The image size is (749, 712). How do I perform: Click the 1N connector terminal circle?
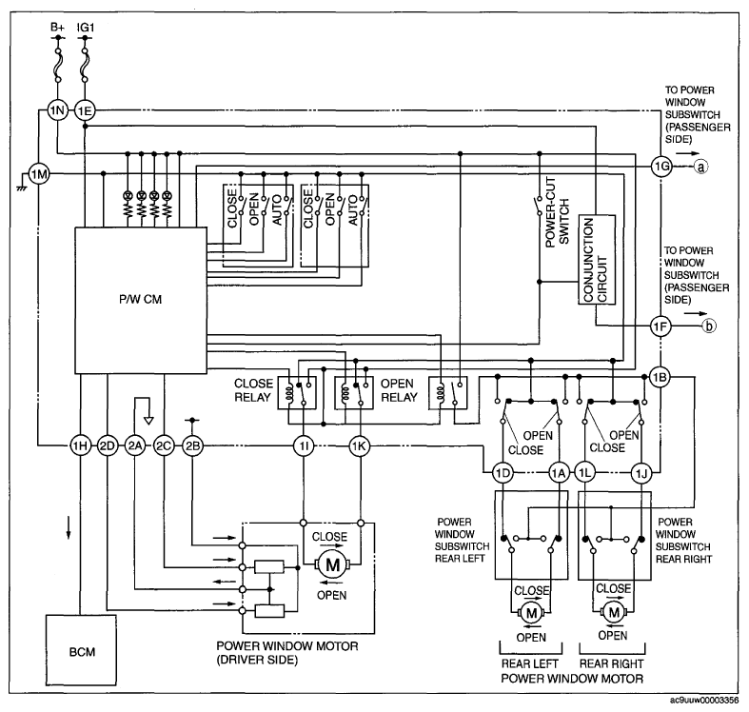click(x=57, y=110)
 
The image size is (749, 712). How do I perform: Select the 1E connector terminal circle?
click(x=85, y=110)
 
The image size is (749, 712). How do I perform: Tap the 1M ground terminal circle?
click(x=39, y=174)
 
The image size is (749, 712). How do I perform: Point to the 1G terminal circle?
click(x=661, y=167)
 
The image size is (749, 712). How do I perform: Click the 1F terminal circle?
click(x=660, y=326)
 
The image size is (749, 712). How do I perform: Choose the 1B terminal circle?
click(x=660, y=377)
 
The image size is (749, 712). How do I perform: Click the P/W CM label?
click(x=141, y=299)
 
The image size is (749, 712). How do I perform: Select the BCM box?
click(x=81, y=650)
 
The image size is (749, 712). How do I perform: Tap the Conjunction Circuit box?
click(x=597, y=260)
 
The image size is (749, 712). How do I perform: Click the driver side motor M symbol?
click(x=332, y=564)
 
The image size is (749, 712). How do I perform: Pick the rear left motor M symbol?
click(x=531, y=612)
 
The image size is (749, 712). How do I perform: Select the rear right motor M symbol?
click(x=613, y=611)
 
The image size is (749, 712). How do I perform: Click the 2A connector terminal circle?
click(x=135, y=445)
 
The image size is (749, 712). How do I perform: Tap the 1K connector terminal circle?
click(x=359, y=445)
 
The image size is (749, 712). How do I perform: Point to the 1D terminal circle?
click(x=503, y=473)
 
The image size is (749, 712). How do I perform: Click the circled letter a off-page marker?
click(x=700, y=167)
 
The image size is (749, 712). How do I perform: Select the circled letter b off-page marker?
click(x=709, y=326)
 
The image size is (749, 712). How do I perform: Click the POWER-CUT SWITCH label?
click(x=557, y=212)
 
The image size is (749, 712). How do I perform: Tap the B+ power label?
click(x=57, y=28)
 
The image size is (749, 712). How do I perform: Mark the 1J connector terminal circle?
click(x=641, y=473)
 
